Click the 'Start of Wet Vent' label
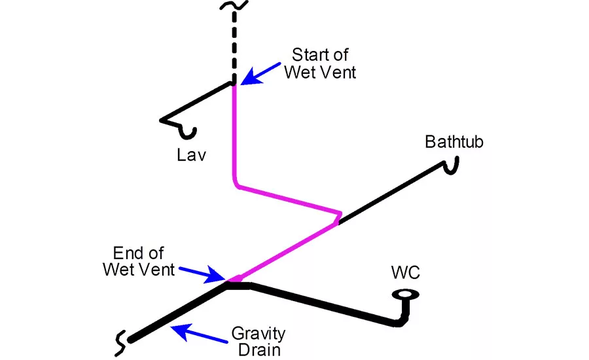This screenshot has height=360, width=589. click(x=320, y=63)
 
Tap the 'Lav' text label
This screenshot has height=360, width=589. click(x=191, y=155)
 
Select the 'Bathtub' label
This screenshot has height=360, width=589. click(x=454, y=141)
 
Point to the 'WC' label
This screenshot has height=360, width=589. click(x=405, y=272)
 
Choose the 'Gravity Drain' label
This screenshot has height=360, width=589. click(x=258, y=342)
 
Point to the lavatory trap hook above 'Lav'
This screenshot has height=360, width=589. click(x=188, y=132)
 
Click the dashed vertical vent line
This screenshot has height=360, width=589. click(x=234, y=46)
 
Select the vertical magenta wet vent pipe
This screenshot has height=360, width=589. click(x=234, y=131)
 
